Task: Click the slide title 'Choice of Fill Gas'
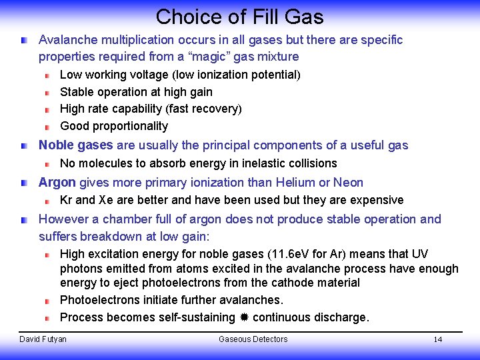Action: [x=239, y=16]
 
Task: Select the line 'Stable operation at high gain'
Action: [x=136, y=92]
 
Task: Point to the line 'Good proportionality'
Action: [x=114, y=126]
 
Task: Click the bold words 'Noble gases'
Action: [x=75, y=145]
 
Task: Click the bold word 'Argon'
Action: [x=57, y=183]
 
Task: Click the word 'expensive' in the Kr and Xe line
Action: [x=376, y=200]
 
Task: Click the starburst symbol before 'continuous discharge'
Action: [x=244, y=318]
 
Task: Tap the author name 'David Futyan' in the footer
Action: [x=43, y=339]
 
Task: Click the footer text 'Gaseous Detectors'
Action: [x=253, y=339]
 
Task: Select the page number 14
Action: [x=437, y=339]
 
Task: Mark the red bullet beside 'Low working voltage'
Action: [x=48, y=75]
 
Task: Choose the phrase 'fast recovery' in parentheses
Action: [x=203, y=109]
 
